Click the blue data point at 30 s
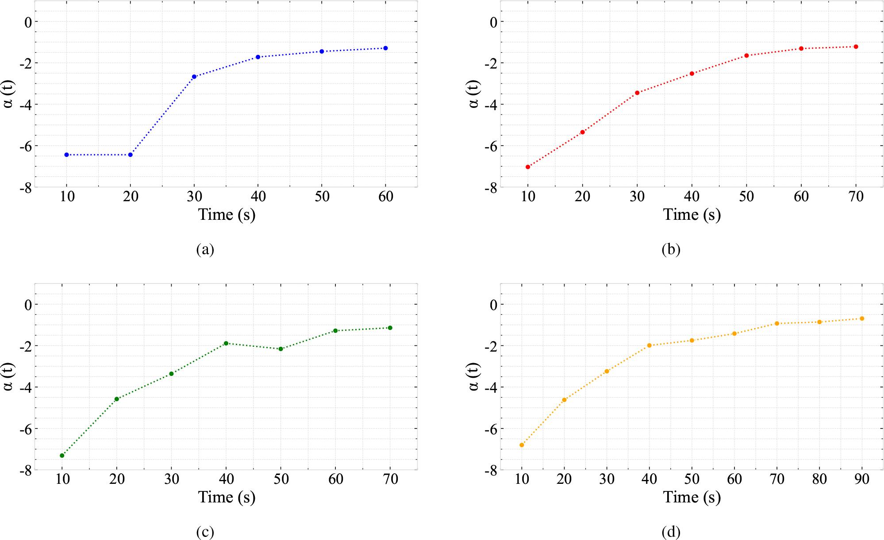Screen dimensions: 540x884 tap(194, 77)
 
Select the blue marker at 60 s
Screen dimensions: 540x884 tap(385, 48)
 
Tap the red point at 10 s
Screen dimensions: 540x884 tap(527, 167)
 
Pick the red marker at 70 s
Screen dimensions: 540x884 tap(856, 46)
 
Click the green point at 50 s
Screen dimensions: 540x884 tap(281, 349)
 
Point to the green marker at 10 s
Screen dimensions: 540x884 tap(62, 456)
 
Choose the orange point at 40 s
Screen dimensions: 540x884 tap(649, 345)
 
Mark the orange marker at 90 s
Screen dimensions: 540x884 tap(861, 318)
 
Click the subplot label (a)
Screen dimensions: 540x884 tap(205, 249)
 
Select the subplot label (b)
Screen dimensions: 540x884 tap(671, 249)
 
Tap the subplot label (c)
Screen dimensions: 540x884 tap(205, 532)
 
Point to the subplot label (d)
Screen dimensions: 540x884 tap(671, 532)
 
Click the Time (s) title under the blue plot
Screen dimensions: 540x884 tap(227, 215)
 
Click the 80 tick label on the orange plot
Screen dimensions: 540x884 tap(819, 479)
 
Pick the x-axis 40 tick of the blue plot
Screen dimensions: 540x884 tap(258, 196)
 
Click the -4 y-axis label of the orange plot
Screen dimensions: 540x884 tap(491, 387)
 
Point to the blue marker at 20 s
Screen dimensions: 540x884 tap(130, 155)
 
